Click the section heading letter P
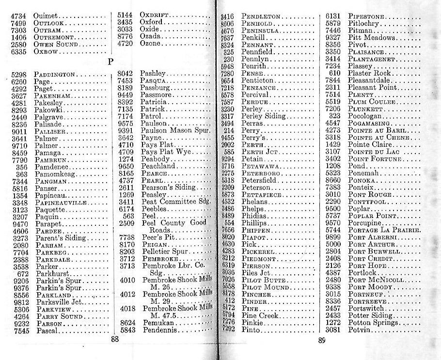coord(111,61)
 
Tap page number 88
coord(115,340)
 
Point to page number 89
coord(322,341)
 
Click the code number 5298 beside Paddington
coord(19,74)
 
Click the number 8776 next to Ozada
coord(125,36)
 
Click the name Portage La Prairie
coord(384,230)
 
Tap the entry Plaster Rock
coord(369,73)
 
